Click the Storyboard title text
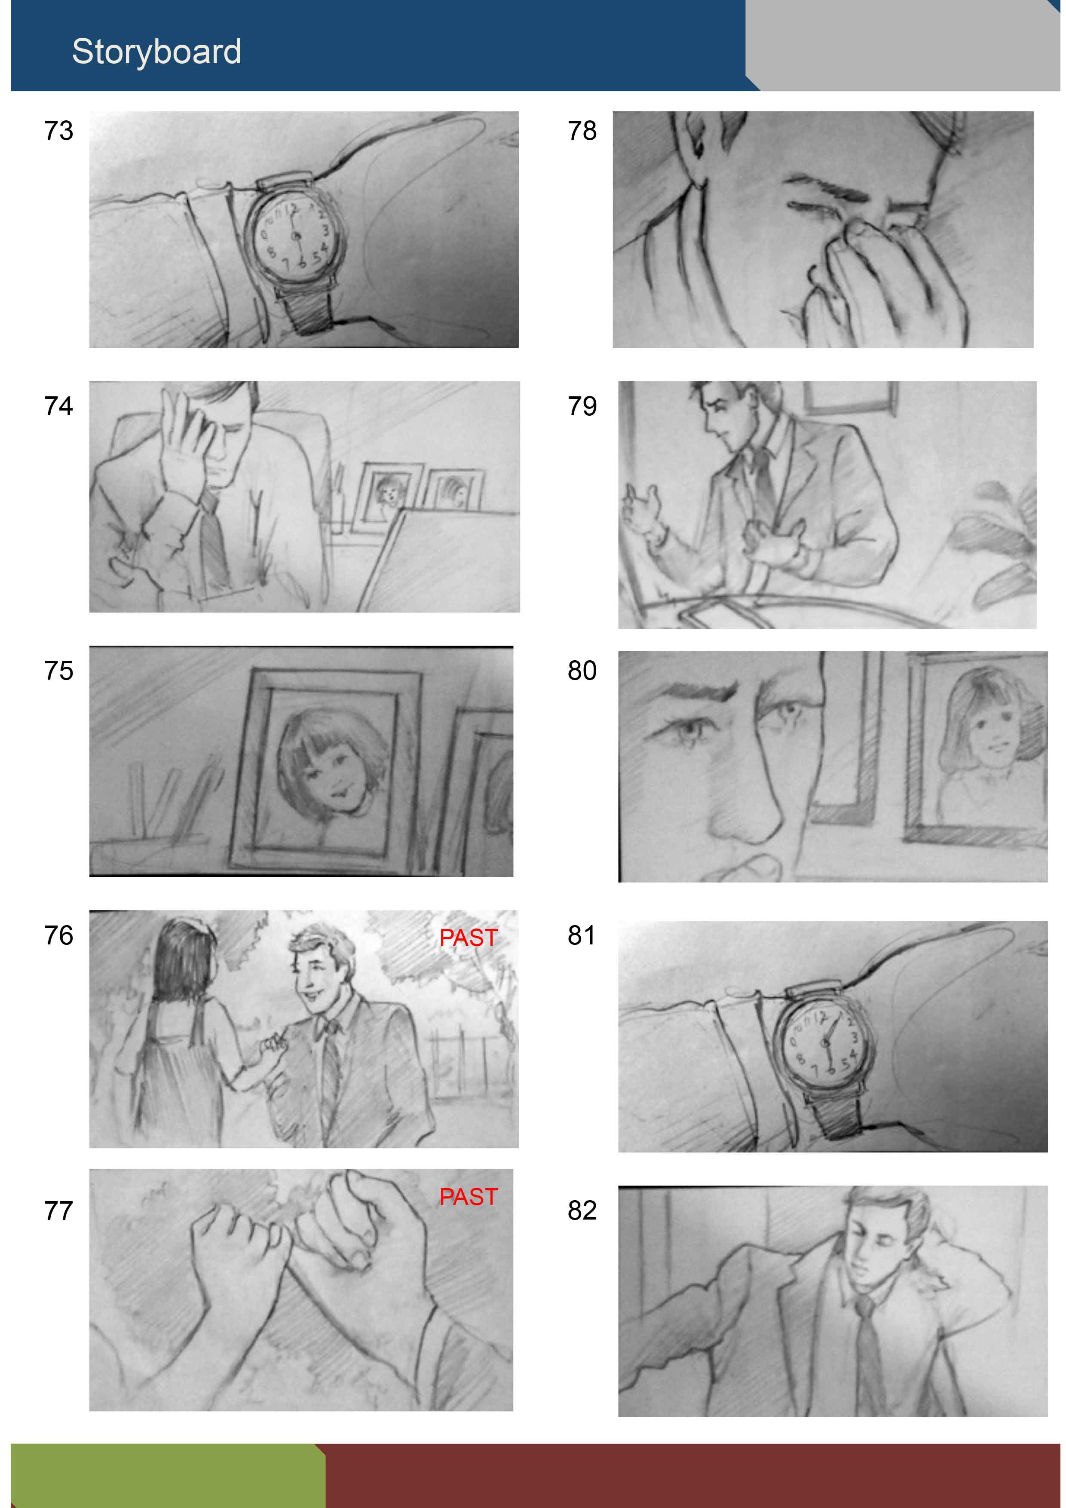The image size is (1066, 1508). (x=156, y=52)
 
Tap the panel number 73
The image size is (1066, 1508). (x=58, y=131)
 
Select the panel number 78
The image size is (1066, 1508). (x=582, y=131)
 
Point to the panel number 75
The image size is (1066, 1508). (x=58, y=671)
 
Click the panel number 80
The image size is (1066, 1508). (x=582, y=671)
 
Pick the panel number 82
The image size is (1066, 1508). (x=582, y=1211)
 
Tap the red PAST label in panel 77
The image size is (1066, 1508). (x=468, y=1197)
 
